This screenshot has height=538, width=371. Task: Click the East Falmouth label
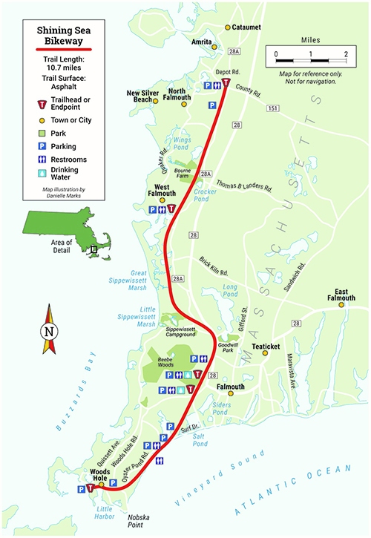pos(342,293)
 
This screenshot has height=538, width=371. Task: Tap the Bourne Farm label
pos(183,173)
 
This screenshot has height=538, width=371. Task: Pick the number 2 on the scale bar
pos(345,55)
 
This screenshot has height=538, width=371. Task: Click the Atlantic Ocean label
pos(297,491)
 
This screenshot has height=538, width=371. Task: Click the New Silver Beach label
pos(143,96)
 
